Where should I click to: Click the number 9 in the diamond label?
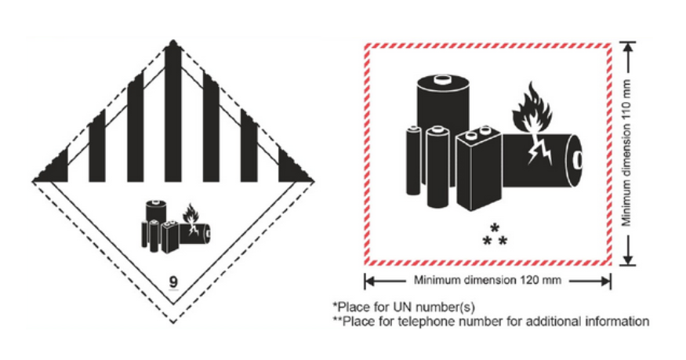pos(173,282)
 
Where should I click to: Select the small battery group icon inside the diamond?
pos(176,226)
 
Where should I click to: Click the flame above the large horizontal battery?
pos(532,107)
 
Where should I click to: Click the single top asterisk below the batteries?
pos(495,228)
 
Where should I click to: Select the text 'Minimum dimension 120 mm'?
pos(488,280)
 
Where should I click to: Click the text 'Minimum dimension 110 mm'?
pos(627,153)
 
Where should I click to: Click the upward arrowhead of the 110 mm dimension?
pos(627,47)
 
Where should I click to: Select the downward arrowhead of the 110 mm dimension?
pos(627,259)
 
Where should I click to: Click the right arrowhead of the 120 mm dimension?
pos(605,281)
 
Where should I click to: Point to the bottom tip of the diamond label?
pos(173,323)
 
